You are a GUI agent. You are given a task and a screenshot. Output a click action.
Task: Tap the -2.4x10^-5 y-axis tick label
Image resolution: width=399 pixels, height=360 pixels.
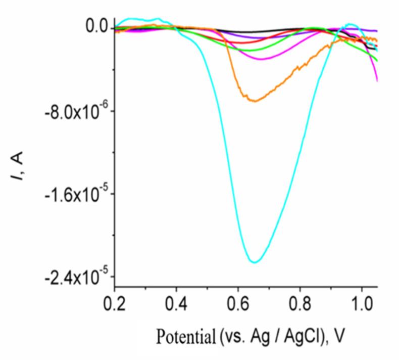(x=74, y=277)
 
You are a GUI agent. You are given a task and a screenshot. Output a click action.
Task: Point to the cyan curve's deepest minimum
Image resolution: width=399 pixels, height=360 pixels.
(x=255, y=262)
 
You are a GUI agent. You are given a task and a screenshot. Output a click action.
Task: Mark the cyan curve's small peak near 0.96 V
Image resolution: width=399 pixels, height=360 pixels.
(x=350, y=24)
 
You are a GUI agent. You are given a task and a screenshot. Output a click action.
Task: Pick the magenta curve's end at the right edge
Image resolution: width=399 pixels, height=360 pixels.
(x=377, y=80)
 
